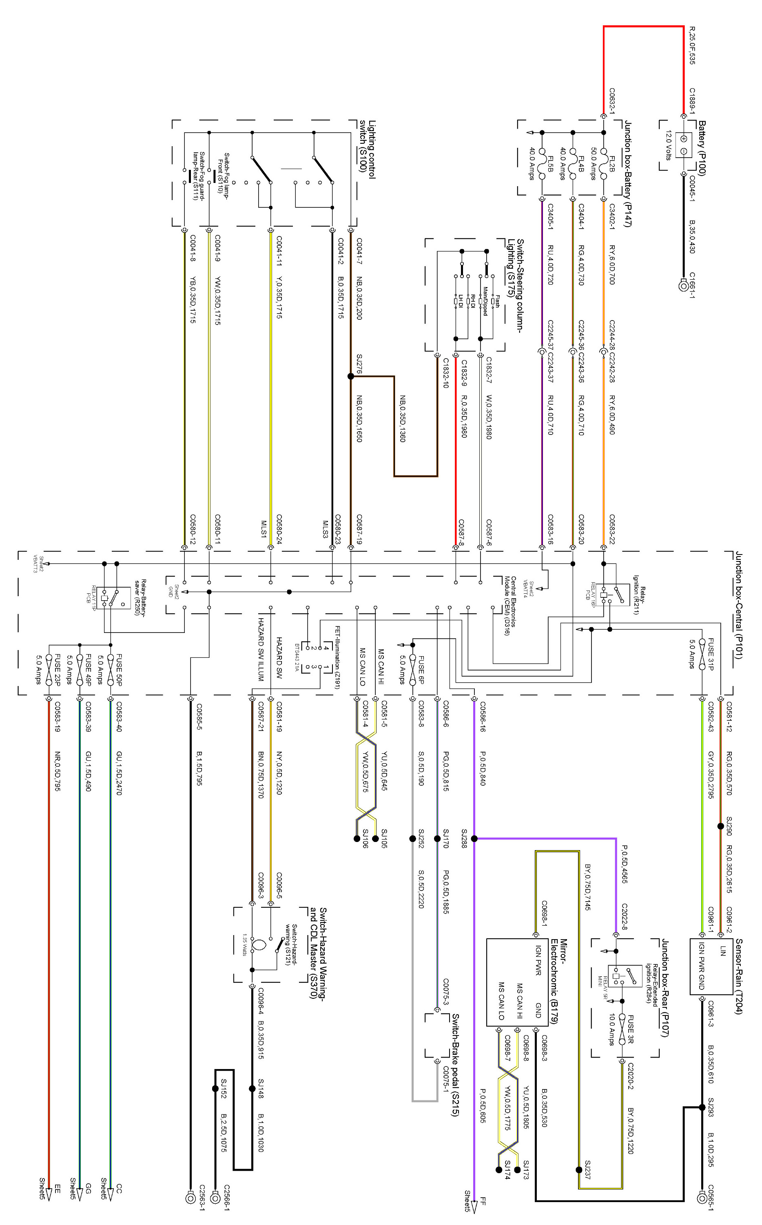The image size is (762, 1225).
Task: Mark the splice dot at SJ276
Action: point(351,376)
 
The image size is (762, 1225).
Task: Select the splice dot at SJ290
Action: point(721,826)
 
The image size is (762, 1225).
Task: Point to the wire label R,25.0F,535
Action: point(692,45)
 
